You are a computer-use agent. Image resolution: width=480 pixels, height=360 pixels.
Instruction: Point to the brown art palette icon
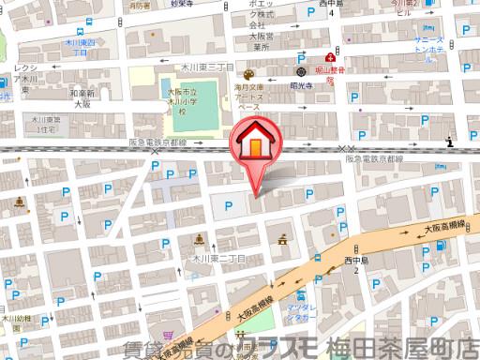coord(248,75)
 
